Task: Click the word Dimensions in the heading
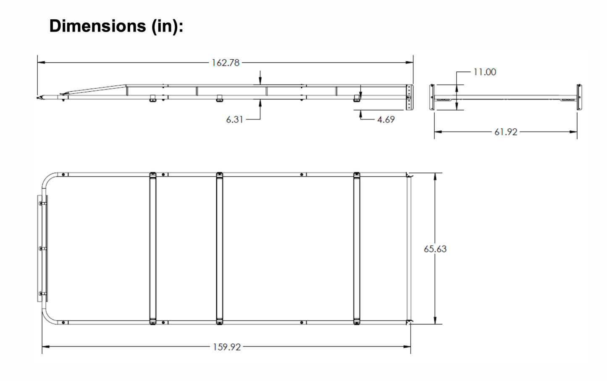97,26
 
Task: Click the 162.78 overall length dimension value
226,63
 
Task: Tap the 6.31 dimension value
235,120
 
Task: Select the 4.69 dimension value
386,120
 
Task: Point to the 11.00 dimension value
485,72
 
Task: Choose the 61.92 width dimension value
506,132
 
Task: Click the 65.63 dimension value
435,249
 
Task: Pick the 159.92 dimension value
227,347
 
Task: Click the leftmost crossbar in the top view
153,248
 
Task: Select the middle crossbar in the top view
220,248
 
